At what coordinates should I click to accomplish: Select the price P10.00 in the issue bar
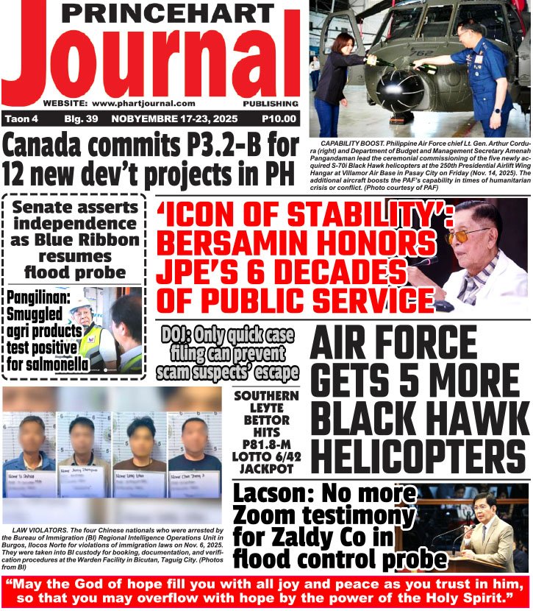click(x=279, y=119)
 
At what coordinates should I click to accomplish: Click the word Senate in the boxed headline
click(x=46, y=207)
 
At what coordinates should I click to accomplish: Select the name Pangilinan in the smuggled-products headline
click(x=36, y=299)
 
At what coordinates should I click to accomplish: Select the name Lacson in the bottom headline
click(x=273, y=494)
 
